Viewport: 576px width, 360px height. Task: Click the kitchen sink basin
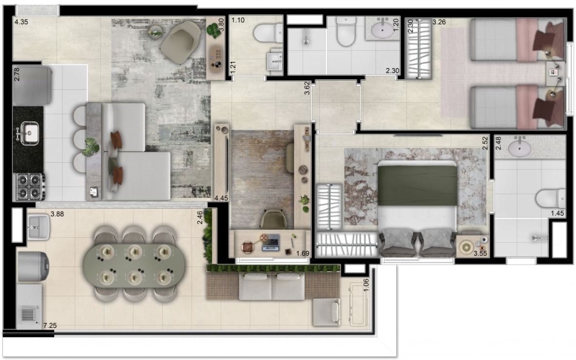coord(29,133)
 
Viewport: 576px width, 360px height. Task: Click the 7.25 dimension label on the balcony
coord(50,325)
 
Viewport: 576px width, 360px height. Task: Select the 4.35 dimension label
coord(21,21)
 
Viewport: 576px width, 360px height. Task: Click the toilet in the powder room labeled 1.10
coord(268,34)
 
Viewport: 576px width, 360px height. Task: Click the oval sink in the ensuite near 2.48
coord(519,149)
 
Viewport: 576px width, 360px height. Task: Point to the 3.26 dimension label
coord(439,22)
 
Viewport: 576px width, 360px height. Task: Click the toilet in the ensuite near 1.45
coord(550,198)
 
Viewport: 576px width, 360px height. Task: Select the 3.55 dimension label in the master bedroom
coord(480,253)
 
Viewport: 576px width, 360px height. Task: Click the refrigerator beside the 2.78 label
coord(32,85)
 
